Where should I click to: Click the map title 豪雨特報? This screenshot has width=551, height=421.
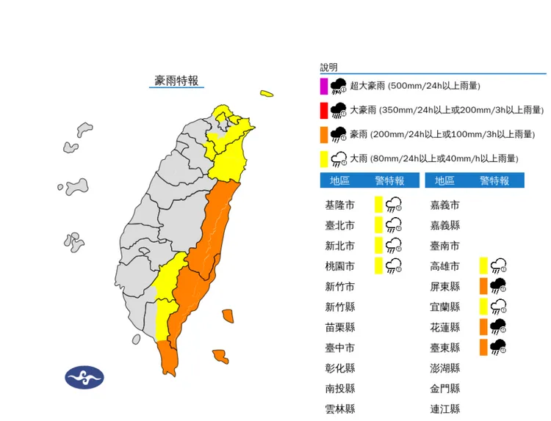click(176, 80)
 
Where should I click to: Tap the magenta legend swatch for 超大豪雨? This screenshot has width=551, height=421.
click(323, 86)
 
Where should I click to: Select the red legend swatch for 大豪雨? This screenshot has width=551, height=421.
click(323, 110)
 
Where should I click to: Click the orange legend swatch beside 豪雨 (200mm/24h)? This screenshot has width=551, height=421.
click(323, 134)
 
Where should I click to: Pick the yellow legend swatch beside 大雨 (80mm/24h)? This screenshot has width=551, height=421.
click(323, 158)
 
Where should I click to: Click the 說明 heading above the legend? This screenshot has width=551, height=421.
click(328, 67)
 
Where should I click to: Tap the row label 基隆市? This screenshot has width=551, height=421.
click(340, 205)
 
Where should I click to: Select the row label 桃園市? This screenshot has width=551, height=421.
click(340, 266)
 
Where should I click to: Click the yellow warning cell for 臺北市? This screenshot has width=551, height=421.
click(378, 224)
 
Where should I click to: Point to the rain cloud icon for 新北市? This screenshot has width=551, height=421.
click(394, 245)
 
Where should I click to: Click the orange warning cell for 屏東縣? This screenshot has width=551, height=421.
click(483, 286)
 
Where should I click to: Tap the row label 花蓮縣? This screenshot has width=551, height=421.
click(445, 327)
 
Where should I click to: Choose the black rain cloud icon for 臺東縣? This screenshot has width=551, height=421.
click(498, 347)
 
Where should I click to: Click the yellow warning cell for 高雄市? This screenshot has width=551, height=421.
click(483, 266)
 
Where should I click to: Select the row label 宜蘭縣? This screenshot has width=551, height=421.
click(445, 307)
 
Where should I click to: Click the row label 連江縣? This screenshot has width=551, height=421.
click(445, 409)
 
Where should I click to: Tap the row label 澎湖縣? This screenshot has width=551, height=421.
click(445, 368)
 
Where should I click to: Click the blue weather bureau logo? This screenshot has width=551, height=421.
click(84, 378)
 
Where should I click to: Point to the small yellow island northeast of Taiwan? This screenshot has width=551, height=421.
click(266, 94)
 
